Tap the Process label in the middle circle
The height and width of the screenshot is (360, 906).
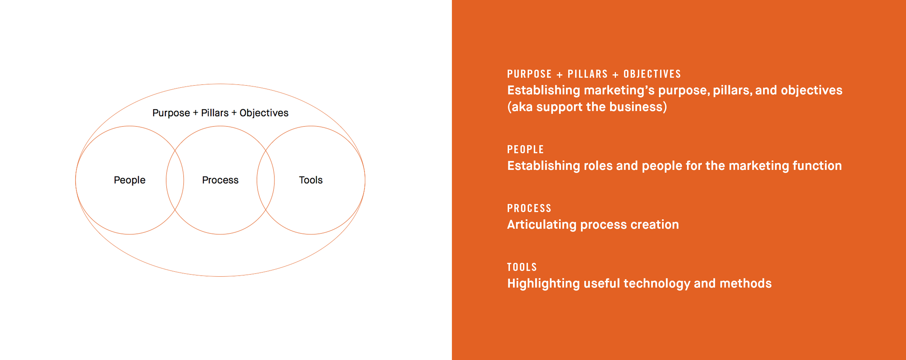coord(220,180)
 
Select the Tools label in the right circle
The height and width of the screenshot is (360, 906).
coord(311,180)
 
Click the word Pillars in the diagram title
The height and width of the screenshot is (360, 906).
coord(215,113)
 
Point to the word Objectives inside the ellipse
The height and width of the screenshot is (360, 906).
coord(264,113)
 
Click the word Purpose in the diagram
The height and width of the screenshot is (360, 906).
coord(171,113)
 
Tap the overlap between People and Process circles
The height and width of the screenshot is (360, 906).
coord(175,180)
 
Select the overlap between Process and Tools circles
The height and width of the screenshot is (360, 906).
coord(266,180)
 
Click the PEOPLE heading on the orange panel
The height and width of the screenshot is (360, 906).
coord(525,149)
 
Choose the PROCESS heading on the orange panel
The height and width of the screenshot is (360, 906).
coord(529,208)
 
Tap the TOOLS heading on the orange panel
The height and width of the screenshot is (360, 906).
coord(522,267)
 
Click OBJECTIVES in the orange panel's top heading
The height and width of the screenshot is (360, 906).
coord(652,74)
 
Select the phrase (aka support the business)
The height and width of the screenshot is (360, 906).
coord(587,107)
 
